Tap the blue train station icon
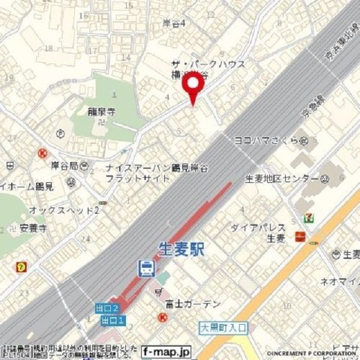[146, 268]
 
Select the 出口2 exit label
[107, 308]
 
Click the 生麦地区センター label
[281, 179]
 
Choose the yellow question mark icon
[22, 266]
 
